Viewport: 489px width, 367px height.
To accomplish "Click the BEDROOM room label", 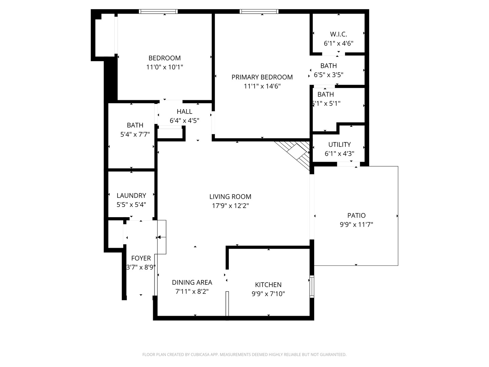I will coord(164,58).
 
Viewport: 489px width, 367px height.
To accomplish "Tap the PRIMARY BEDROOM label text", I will coord(262,77).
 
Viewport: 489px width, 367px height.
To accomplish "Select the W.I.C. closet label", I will coord(338,34).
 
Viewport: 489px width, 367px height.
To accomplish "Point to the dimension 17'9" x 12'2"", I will coord(230,206).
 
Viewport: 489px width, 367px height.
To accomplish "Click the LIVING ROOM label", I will coord(230,196).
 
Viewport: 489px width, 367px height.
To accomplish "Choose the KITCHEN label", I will coord(268,285).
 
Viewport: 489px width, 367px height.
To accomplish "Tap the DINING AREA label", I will coord(192,282).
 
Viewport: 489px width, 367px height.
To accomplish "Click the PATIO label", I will coord(356,215).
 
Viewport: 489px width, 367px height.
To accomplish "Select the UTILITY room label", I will coord(339,144).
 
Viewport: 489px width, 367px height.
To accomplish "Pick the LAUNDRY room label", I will coord(131,195).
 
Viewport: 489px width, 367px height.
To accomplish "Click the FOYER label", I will coord(141,258).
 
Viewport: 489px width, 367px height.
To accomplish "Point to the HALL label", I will coord(184,111).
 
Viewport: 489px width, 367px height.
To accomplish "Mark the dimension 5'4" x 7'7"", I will coord(135,134).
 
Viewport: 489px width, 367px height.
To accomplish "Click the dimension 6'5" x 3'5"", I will coord(328,75).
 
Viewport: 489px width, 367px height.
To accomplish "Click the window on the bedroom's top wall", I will coord(158,12).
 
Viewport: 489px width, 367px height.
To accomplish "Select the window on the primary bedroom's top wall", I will coord(259,12).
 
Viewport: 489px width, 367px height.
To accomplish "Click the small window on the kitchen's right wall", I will coord(312,287).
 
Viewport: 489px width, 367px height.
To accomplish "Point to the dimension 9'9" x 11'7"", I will coord(356,224).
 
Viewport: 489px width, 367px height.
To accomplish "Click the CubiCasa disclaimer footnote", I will coord(244,354).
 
